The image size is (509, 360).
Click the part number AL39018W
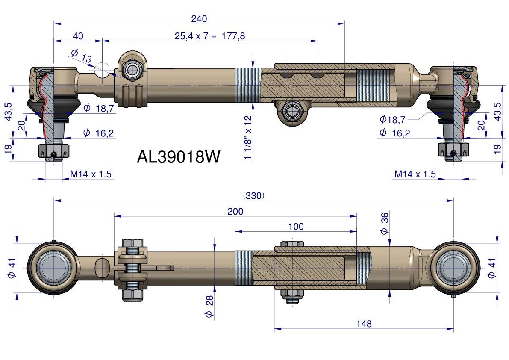(x=179, y=157)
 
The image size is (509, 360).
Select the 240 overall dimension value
(x=199, y=19)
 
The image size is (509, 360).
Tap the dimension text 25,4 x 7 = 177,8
(x=210, y=36)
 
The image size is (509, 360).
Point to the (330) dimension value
(x=254, y=195)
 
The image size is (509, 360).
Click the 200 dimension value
(x=235, y=211)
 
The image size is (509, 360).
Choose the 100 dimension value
(x=296, y=227)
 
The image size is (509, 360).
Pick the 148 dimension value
(x=364, y=324)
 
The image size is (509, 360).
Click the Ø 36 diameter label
(x=384, y=224)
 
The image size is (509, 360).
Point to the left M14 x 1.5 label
(x=91, y=174)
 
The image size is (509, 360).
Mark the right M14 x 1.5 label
(x=415, y=174)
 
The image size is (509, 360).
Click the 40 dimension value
(x=78, y=36)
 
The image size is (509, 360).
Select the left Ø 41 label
(x=12, y=269)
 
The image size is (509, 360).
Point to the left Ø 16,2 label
(x=99, y=133)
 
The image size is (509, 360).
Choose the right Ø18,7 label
(x=392, y=119)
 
